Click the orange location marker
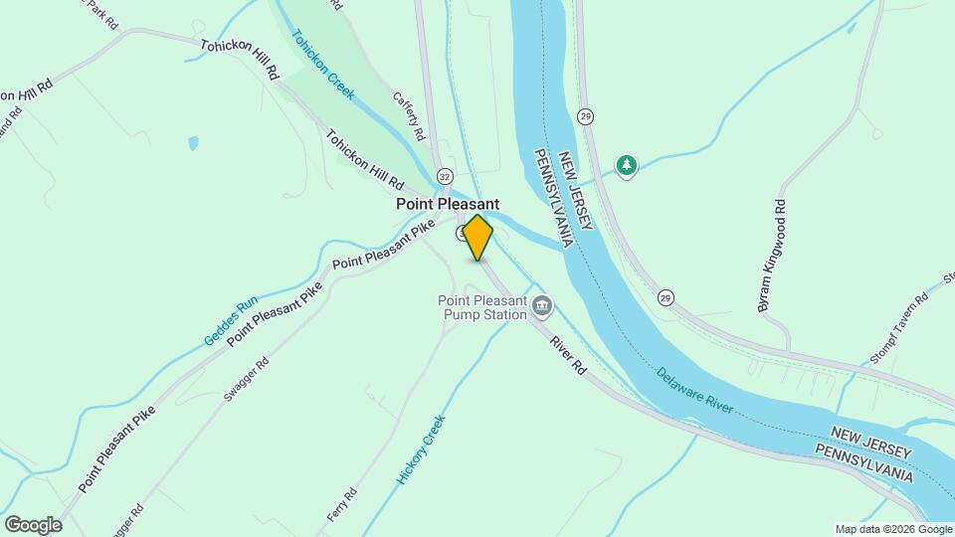coord(477,237)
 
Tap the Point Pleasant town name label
coord(447,203)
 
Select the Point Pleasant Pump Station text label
coord(481,308)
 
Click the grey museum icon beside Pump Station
coord(542,304)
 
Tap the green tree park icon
coord(626,164)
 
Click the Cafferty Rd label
coord(408,115)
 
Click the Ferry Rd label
coord(341,505)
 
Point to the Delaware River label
coord(695,390)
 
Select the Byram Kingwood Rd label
coord(772,257)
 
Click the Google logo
coord(33,524)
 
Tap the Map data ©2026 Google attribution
coord(893,529)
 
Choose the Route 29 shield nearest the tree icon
coord(587,115)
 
